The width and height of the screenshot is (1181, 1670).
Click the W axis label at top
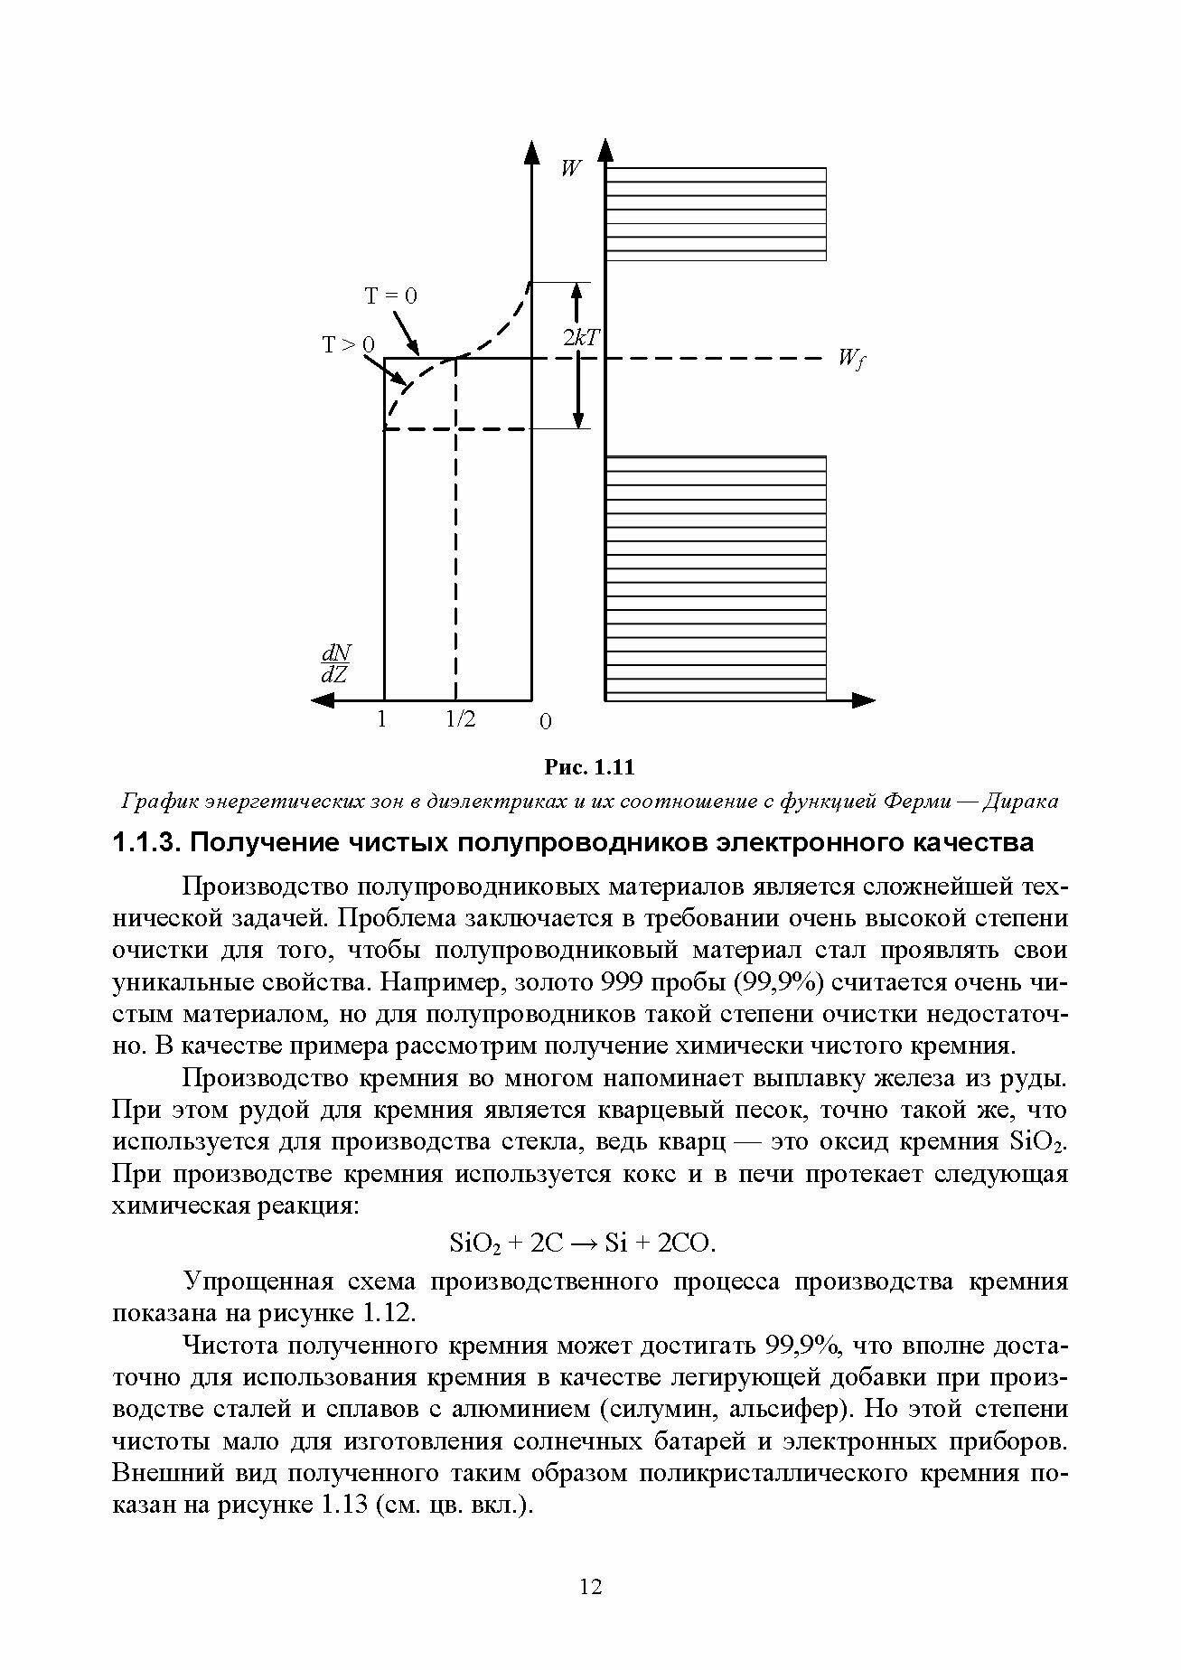[570, 168]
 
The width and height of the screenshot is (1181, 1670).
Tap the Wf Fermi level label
[850, 360]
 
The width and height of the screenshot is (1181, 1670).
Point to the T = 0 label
[390, 296]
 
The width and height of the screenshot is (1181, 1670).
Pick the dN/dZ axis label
[336, 663]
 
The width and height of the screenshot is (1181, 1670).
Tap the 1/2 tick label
[460, 720]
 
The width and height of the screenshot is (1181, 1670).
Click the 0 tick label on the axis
[545, 722]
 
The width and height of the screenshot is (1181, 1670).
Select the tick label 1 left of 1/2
[382, 720]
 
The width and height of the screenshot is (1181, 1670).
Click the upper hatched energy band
[716, 213]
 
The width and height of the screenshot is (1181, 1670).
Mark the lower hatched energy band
[716, 577]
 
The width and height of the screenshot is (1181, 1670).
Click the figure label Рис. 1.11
[589, 768]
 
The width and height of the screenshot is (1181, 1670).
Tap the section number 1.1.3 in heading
[145, 843]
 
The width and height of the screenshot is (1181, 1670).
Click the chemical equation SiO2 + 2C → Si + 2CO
[582, 1243]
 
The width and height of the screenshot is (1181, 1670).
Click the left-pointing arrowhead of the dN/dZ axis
[320, 699]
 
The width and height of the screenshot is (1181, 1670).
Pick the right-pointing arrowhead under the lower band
[866, 699]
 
